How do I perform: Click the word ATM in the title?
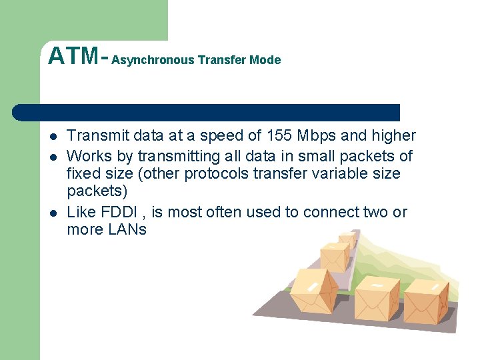(73, 56)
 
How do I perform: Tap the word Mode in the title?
(265, 60)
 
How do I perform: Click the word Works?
(87, 156)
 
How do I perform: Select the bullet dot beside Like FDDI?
(51, 213)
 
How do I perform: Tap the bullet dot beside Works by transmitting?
(51, 157)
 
